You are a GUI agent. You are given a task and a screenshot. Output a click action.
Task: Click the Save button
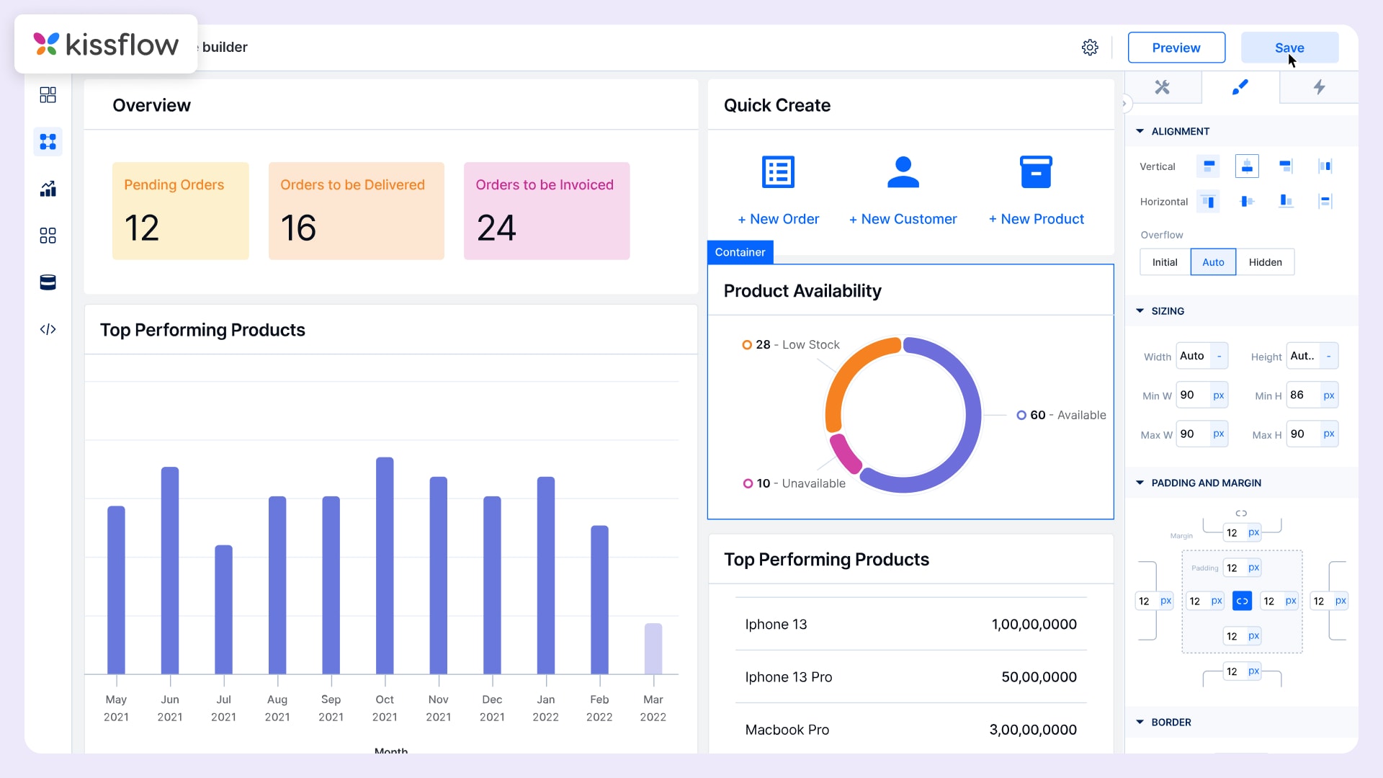[x=1289, y=48]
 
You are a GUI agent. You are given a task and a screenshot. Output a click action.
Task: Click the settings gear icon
[x=1090, y=48]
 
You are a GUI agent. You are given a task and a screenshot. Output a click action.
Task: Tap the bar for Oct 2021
[x=385, y=565]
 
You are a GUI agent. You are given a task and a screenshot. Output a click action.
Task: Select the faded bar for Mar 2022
[x=653, y=648]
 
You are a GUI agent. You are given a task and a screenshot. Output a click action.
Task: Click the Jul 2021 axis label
[x=223, y=707]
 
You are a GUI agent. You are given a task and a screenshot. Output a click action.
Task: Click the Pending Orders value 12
[x=142, y=228]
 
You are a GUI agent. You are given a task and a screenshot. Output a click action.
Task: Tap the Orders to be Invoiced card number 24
[x=496, y=228]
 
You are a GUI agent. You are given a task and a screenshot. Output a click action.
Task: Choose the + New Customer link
[x=903, y=219]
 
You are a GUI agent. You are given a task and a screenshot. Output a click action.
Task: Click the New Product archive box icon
[x=1036, y=172]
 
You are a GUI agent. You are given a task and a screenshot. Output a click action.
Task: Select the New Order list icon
[x=778, y=172]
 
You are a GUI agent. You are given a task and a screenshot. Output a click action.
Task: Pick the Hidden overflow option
[x=1265, y=262]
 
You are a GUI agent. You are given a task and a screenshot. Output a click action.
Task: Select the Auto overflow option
[x=1213, y=262]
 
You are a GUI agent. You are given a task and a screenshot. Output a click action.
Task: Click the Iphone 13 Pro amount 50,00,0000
[x=1038, y=677]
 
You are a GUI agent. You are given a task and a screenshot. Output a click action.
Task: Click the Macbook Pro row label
[x=787, y=730]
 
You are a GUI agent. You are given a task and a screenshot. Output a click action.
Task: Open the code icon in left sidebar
[x=48, y=329]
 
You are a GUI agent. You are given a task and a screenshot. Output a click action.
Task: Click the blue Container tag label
[x=740, y=252]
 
